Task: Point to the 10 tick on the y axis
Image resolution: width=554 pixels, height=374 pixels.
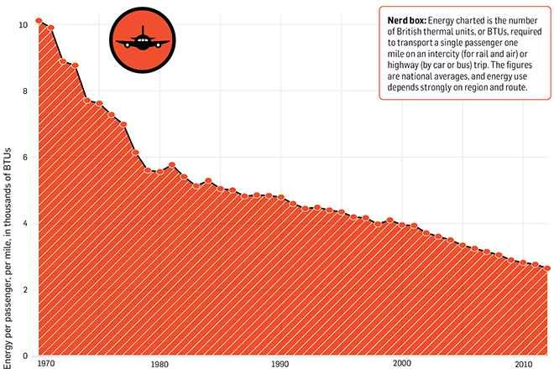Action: (x=24, y=25)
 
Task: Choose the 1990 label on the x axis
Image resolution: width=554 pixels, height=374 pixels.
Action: (x=280, y=365)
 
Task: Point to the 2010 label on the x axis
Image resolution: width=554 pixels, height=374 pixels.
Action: (x=524, y=365)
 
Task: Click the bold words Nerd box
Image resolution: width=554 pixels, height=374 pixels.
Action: (x=407, y=20)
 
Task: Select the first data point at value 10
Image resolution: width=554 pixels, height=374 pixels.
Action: (x=39, y=20)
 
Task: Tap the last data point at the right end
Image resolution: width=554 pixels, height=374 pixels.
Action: (x=548, y=268)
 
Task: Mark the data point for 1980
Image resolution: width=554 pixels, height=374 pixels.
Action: (x=159, y=171)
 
